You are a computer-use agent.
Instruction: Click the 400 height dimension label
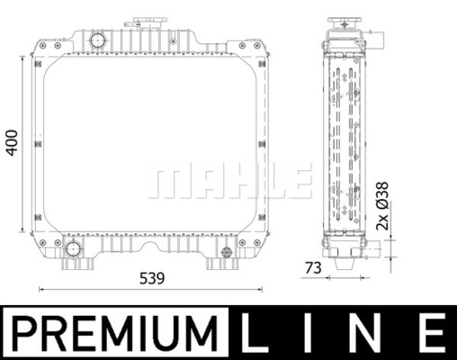(12, 143)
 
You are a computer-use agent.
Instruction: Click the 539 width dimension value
(152, 278)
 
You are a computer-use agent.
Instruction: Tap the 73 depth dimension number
(313, 268)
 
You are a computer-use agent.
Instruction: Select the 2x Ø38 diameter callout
(382, 206)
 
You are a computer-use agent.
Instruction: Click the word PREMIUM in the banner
(115, 333)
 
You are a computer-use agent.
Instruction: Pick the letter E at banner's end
(434, 333)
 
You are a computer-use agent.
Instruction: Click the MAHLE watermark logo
(229, 181)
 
